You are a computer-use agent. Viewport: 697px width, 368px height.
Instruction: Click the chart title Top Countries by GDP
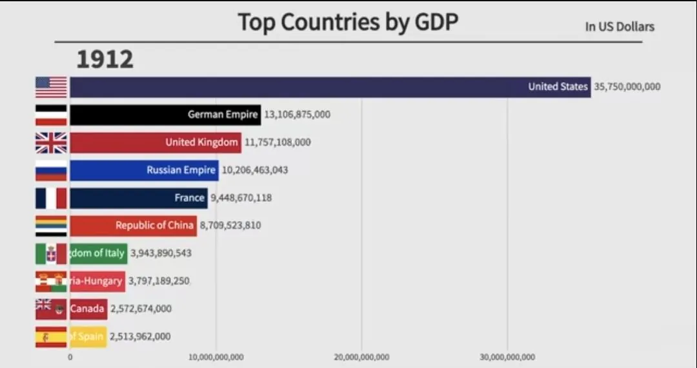click(x=348, y=22)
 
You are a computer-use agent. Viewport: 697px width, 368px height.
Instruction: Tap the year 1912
click(x=105, y=59)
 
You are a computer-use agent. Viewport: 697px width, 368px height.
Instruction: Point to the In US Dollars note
click(x=620, y=26)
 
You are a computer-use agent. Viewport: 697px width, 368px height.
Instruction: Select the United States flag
click(x=51, y=87)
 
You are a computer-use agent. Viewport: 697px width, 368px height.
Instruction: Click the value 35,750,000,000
click(x=627, y=86)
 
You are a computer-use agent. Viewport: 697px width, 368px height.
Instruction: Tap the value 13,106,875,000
click(x=297, y=115)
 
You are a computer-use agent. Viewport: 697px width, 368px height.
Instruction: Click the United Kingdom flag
click(x=51, y=142)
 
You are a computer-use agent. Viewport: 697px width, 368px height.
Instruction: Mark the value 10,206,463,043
click(x=255, y=170)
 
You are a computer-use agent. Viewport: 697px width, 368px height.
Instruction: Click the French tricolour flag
click(x=51, y=198)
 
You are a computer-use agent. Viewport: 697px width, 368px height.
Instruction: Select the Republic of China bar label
click(x=154, y=226)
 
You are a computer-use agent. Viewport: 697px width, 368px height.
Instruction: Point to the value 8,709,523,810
click(x=230, y=226)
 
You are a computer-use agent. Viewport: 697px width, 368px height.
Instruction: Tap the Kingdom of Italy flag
click(x=51, y=253)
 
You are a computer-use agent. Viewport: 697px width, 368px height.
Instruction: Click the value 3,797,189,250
click(x=159, y=281)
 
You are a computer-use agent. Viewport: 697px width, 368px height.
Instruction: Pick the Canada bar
click(x=88, y=309)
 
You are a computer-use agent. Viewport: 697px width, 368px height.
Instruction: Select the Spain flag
click(x=51, y=336)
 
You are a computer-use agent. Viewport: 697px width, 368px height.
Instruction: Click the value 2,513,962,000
click(x=140, y=336)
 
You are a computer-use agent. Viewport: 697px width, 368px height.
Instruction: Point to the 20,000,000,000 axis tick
click(x=361, y=358)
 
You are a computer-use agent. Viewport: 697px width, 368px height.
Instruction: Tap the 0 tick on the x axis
click(x=70, y=358)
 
